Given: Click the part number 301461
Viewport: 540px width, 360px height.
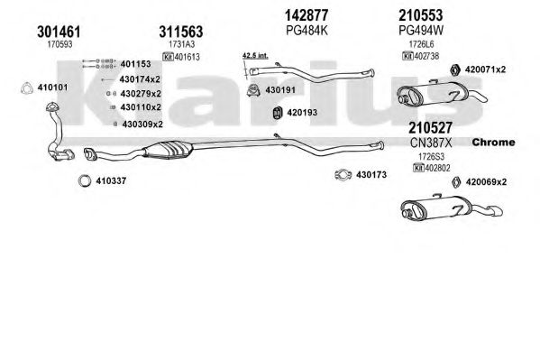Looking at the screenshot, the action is [x=59, y=32].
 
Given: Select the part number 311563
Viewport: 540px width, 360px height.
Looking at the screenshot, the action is [x=181, y=32].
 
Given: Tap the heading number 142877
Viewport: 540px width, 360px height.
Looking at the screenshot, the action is [x=307, y=15].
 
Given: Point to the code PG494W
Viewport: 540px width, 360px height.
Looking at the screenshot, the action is [x=421, y=31].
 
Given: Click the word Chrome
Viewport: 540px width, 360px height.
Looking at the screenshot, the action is [x=493, y=142].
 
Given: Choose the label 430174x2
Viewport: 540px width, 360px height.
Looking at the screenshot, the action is [x=140, y=79].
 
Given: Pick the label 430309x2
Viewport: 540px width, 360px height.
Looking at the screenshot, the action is [x=142, y=125].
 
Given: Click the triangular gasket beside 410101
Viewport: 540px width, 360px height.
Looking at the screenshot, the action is [x=26, y=88].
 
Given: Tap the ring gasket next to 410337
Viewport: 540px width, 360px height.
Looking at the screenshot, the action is [x=85, y=180].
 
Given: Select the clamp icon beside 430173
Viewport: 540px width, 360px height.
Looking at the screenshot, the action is [x=343, y=175].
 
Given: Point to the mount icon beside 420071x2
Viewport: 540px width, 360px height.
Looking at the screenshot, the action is [x=455, y=69].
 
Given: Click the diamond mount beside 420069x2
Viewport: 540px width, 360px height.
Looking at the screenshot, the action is [x=456, y=182].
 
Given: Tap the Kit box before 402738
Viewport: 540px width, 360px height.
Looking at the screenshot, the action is [x=407, y=56].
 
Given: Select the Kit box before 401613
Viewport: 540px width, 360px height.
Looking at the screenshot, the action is [x=168, y=57].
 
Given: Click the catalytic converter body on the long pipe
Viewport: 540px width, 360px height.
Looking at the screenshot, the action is [x=168, y=151].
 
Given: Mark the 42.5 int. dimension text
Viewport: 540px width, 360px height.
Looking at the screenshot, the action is [x=255, y=55].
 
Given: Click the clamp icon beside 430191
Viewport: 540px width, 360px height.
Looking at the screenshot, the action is [x=253, y=90].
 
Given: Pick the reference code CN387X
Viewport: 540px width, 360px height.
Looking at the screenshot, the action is [x=431, y=143].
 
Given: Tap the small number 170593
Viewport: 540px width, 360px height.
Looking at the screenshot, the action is [x=59, y=44].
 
